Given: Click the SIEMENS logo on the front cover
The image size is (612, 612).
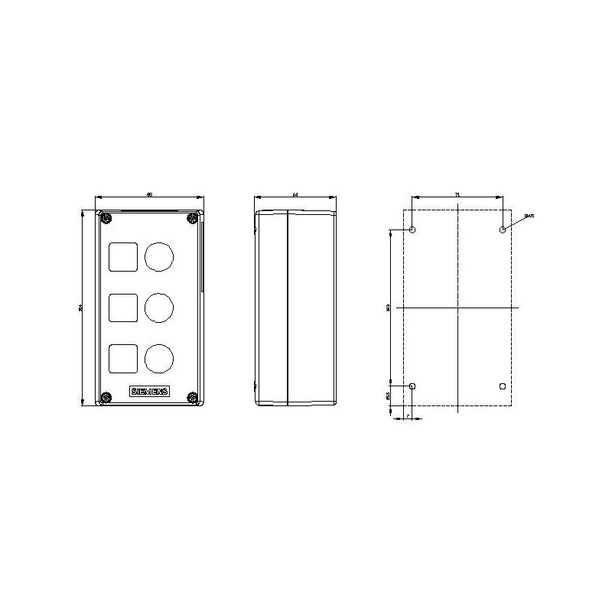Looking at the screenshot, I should point(150,392).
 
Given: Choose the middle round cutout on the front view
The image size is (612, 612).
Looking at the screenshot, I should point(158,308).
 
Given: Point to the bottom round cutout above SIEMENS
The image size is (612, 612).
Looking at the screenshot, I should point(158,357).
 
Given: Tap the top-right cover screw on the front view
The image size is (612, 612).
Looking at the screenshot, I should point(191,220).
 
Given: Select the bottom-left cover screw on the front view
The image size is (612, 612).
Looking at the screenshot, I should point(105,397).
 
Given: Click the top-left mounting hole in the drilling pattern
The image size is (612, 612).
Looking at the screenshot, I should point(413,230).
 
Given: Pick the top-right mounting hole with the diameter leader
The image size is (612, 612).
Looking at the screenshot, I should point(502,230).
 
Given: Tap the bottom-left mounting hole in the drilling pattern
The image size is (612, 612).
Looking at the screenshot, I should point(413,386).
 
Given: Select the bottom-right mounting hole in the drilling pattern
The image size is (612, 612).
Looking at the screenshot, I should point(502,386).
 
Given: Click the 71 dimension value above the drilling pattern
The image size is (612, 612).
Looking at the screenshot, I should point(457,197).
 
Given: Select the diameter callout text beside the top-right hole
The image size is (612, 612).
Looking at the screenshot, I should point(529,216).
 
